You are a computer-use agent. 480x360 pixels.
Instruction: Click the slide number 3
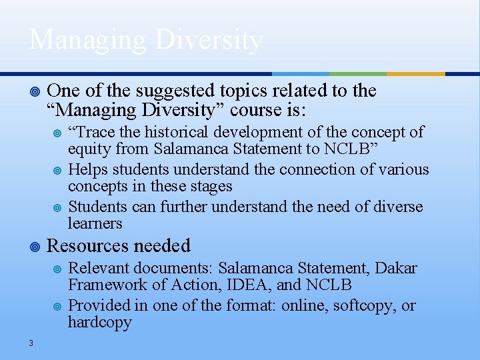point(31,343)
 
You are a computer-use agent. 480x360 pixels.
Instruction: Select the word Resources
point(89,246)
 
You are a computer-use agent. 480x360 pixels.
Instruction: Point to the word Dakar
point(396,269)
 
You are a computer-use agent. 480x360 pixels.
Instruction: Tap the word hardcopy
point(100,323)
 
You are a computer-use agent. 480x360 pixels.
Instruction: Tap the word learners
point(95,224)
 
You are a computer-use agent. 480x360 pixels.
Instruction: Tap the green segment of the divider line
point(358,74)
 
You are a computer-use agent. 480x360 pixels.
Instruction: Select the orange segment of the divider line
point(416,74)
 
